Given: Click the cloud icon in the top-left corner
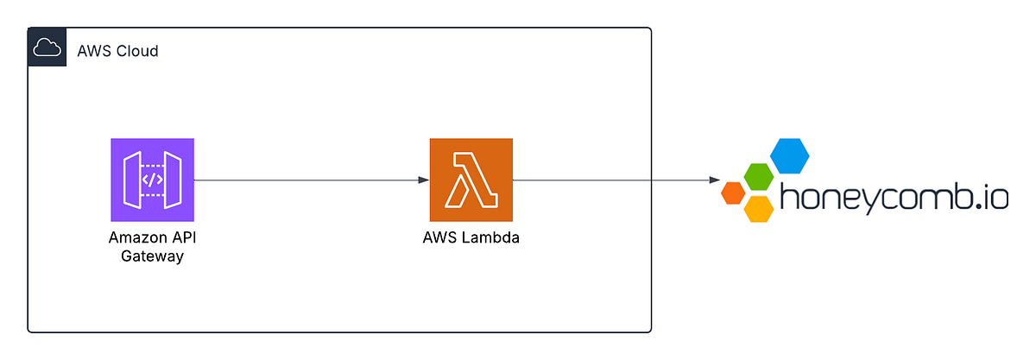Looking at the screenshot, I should click(x=47, y=50).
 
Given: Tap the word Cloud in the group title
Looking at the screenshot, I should click(x=136, y=51).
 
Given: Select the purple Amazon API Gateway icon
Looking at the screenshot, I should click(x=152, y=180).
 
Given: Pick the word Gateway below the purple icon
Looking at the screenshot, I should click(x=152, y=256).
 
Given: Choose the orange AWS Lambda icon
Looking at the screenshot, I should click(x=471, y=180).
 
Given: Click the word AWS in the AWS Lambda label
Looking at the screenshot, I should click(x=439, y=238).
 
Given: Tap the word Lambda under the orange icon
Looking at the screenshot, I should click(x=490, y=238).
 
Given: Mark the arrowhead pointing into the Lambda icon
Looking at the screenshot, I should click(x=423, y=180).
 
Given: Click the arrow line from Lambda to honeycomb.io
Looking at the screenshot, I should click(x=613, y=180).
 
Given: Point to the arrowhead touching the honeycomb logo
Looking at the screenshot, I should click(x=715, y=180).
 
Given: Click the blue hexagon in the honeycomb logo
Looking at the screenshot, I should click(x=789, y=155).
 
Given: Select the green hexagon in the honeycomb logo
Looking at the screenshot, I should click(x=758, y=178).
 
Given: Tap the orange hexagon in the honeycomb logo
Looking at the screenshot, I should click(x=733, y=193).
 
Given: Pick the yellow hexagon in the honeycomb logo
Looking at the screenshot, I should click(x=758, y=208).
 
